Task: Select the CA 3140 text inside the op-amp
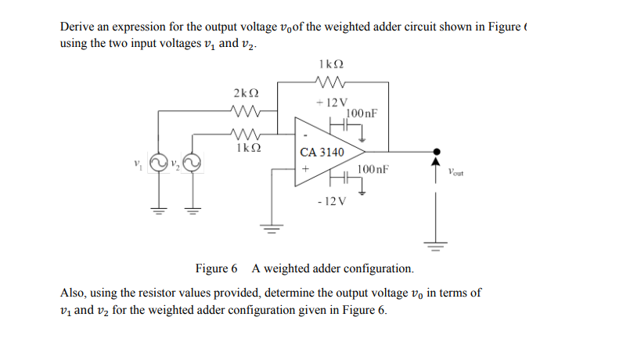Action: pos(322,152)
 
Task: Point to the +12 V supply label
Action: pos(331,103)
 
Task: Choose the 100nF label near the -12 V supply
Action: pos(373,168)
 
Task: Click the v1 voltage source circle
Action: pos(159,164)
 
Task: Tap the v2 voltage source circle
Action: pos(193,164)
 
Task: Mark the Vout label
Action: pos(456,173)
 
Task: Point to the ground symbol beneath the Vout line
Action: pos(437,246)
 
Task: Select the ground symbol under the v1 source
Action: pos(159,209)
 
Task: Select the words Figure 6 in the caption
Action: pos(216,268)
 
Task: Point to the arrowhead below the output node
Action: pos(437,164)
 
